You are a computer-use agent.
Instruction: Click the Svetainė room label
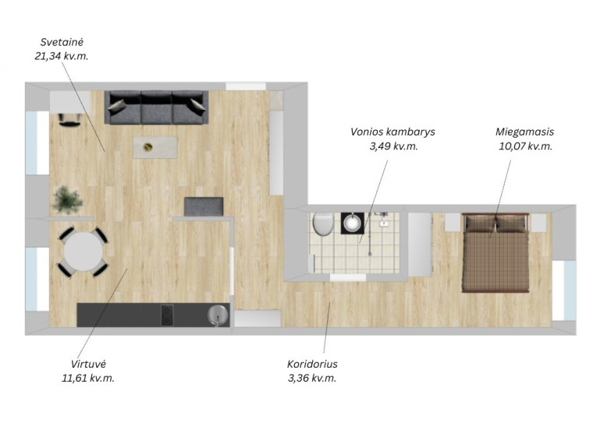click(62, 42)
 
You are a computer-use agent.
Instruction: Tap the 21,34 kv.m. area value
click(62, 56)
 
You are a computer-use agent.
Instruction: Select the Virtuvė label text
click(88, 364)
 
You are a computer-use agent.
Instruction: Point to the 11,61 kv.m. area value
click(88, 378)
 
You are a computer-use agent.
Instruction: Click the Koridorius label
click(312, 364)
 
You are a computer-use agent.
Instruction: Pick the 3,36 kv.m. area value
click(312, 378)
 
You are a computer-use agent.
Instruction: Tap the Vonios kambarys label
click(392, 132)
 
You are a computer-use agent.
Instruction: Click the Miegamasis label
click(524, 132)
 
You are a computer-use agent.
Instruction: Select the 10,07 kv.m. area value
click(525, 146)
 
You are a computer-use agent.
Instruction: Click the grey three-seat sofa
click(156, 107)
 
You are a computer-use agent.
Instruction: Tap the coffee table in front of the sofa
click(155, 148)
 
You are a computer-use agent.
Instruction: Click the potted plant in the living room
click(68, 199)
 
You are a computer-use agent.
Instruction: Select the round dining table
click(83, 252)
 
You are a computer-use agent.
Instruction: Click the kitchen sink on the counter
click(218, 315)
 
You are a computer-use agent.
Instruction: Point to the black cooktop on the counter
click(167, 315)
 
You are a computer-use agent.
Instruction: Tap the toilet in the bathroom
click(323, 224)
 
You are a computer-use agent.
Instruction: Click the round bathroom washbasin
click(353, 223)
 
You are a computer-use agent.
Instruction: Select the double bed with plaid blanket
click(495, 252)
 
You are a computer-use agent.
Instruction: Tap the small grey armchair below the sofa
click(204, 206)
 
